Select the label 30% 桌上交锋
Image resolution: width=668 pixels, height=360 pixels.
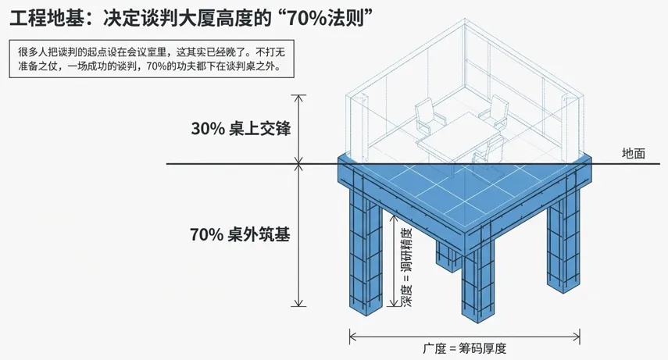[241, 129]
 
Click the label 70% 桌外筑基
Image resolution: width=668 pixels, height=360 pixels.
[240, 233]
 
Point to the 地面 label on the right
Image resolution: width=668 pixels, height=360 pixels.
[634, 154]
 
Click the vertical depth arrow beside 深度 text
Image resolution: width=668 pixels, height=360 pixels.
[391, 262]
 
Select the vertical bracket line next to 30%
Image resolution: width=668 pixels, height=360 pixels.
[298, 129]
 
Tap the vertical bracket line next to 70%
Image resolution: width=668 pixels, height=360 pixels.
[298, 235]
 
